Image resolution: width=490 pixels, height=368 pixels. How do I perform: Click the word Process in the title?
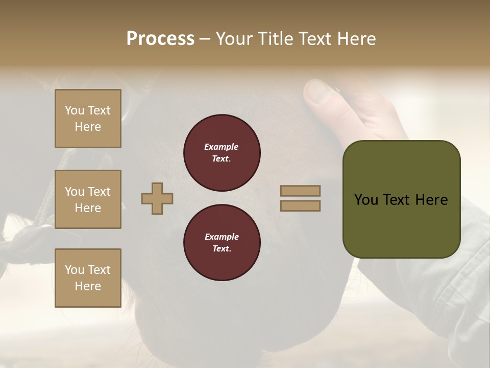160,39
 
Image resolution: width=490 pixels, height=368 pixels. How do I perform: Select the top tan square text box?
88,119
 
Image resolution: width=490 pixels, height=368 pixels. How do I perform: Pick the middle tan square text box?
88,199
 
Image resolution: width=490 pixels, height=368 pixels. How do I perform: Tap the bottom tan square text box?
88,278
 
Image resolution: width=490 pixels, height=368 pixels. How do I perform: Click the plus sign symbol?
157,198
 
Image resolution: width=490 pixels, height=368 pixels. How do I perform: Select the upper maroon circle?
222,152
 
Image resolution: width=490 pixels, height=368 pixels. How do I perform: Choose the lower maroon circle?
222,242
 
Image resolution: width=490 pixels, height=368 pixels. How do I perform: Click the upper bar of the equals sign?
300,191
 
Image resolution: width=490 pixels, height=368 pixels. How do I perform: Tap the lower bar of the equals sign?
300,205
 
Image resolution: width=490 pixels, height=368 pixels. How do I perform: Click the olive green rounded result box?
401,230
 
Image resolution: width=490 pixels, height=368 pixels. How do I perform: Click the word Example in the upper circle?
222,147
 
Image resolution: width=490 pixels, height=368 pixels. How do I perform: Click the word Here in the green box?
431,200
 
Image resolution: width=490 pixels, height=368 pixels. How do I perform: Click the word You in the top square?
75,110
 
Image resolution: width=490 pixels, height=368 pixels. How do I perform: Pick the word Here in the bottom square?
88,286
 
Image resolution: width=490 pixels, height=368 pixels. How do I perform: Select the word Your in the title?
235,39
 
